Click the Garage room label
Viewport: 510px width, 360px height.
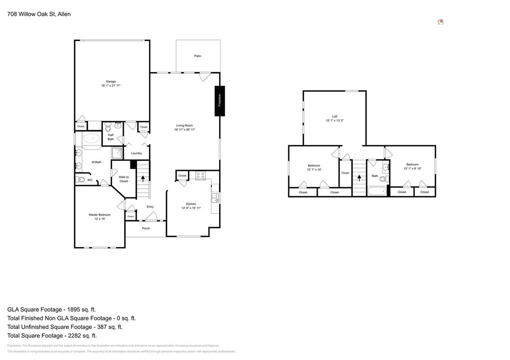111,82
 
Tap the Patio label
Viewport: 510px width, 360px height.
198,56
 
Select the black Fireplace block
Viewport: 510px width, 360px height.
220,101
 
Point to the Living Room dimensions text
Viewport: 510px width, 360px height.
184,129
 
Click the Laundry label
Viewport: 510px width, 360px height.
136,153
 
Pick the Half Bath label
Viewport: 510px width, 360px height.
111,137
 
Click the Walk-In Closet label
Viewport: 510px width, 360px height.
124,179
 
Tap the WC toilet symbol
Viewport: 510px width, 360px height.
80,180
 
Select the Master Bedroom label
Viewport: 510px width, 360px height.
100,215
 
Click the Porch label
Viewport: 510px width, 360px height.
146,229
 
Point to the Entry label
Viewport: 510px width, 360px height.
150,207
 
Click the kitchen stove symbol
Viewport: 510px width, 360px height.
200,175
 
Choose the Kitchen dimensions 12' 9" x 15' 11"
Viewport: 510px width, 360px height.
191,208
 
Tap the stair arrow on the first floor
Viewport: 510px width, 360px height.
143,177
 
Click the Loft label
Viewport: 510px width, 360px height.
335,117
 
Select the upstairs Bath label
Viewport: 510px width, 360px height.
375,176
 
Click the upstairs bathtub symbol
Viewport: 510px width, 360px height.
377,191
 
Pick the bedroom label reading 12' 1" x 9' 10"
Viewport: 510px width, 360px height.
412,168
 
